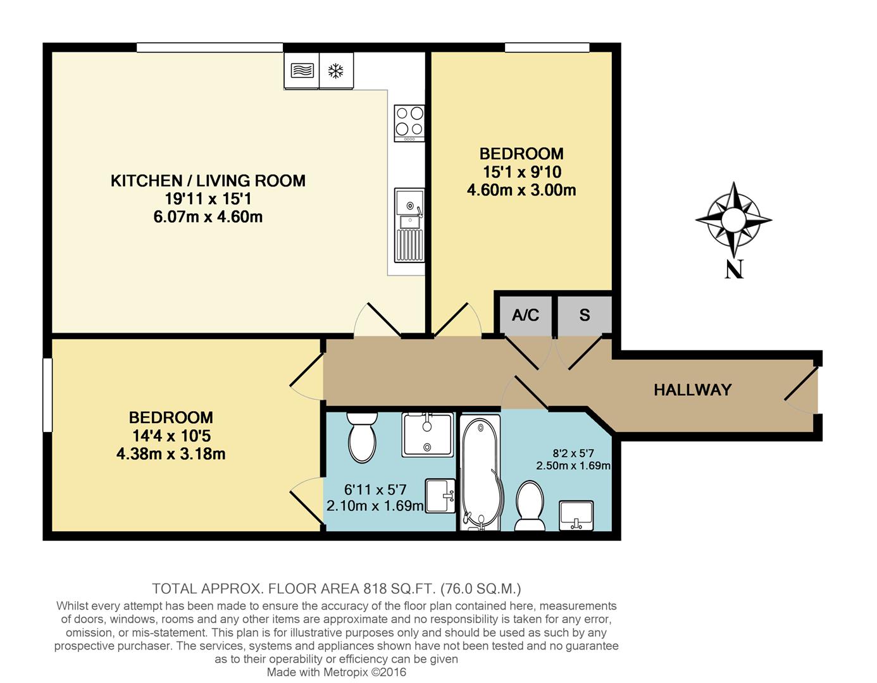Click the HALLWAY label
pyautogui.click(x=693, y=390)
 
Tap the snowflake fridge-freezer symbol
pyautogui.click(x=336, y=71)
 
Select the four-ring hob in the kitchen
pyautogui.click(x=409, y=123)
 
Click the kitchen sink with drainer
pyautogui.click(x=409, y=225)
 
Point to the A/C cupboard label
pyautogui.click(x=525, y=315)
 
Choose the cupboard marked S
pyautogui.click(x=585, y=316)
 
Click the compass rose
pyautogui.click(x=734, y=220)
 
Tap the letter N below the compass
pyautogui.click(x=734, y=269)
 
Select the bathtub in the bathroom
pyautogui.click(x=480, y=472)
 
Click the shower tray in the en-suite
pyautogui.click(x=427, y=434)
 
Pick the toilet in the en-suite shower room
pyautogui.click(x=363, y=437)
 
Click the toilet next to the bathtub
pyautogui.click(x=530, y=505)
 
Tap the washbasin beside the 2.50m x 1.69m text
pyautogui.click(x=576, y=515)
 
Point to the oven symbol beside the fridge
pyautogui.click(x=301, y=71)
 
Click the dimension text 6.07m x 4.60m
pyautogui.click(x=208, y=217)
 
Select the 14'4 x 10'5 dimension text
pyautogui.click(x=171, y=436)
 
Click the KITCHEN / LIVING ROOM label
pyautogui.click(x=208, y=181)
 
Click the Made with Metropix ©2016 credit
pyautogui.click(x=336, y=672)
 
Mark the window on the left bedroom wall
pyautogui.click(x=47, y=395)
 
